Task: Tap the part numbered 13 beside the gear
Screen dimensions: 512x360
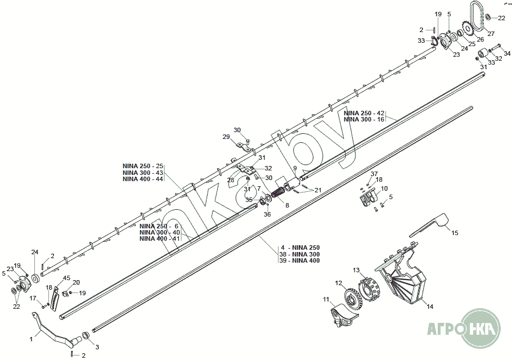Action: point(369,286)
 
